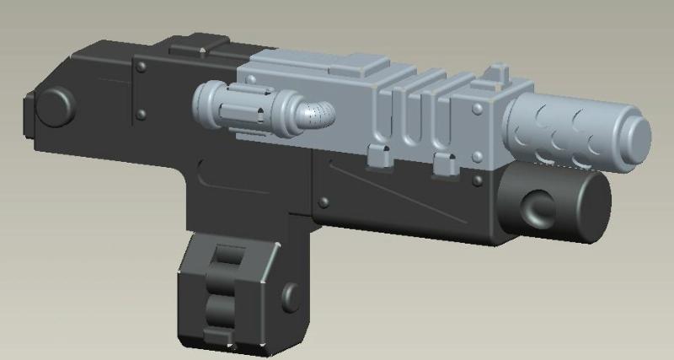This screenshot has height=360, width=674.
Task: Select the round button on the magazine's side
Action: pos(292,296)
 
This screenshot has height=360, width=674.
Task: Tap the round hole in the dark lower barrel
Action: pos(536,207)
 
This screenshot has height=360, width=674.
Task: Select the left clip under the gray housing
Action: pos(377,155)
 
